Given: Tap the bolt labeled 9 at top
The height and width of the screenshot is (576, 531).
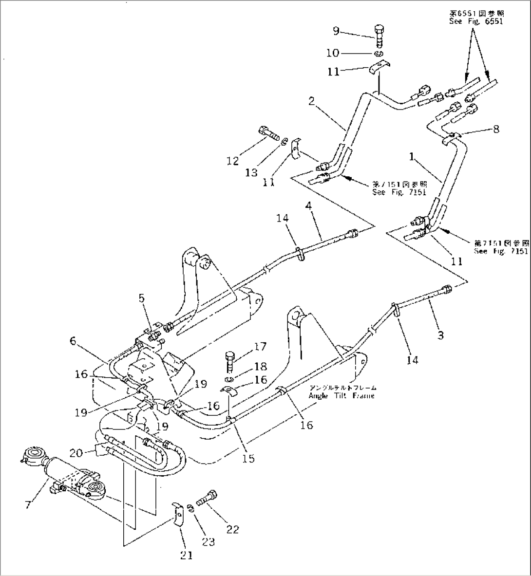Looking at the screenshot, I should coord(380,34).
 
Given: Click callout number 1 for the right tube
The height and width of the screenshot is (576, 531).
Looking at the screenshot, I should coord(412,158).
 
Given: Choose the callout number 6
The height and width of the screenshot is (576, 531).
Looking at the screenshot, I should coord(73,341).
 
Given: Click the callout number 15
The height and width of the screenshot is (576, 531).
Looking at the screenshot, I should coord(248,458).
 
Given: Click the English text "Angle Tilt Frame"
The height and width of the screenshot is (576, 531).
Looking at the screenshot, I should coord(341,396).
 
